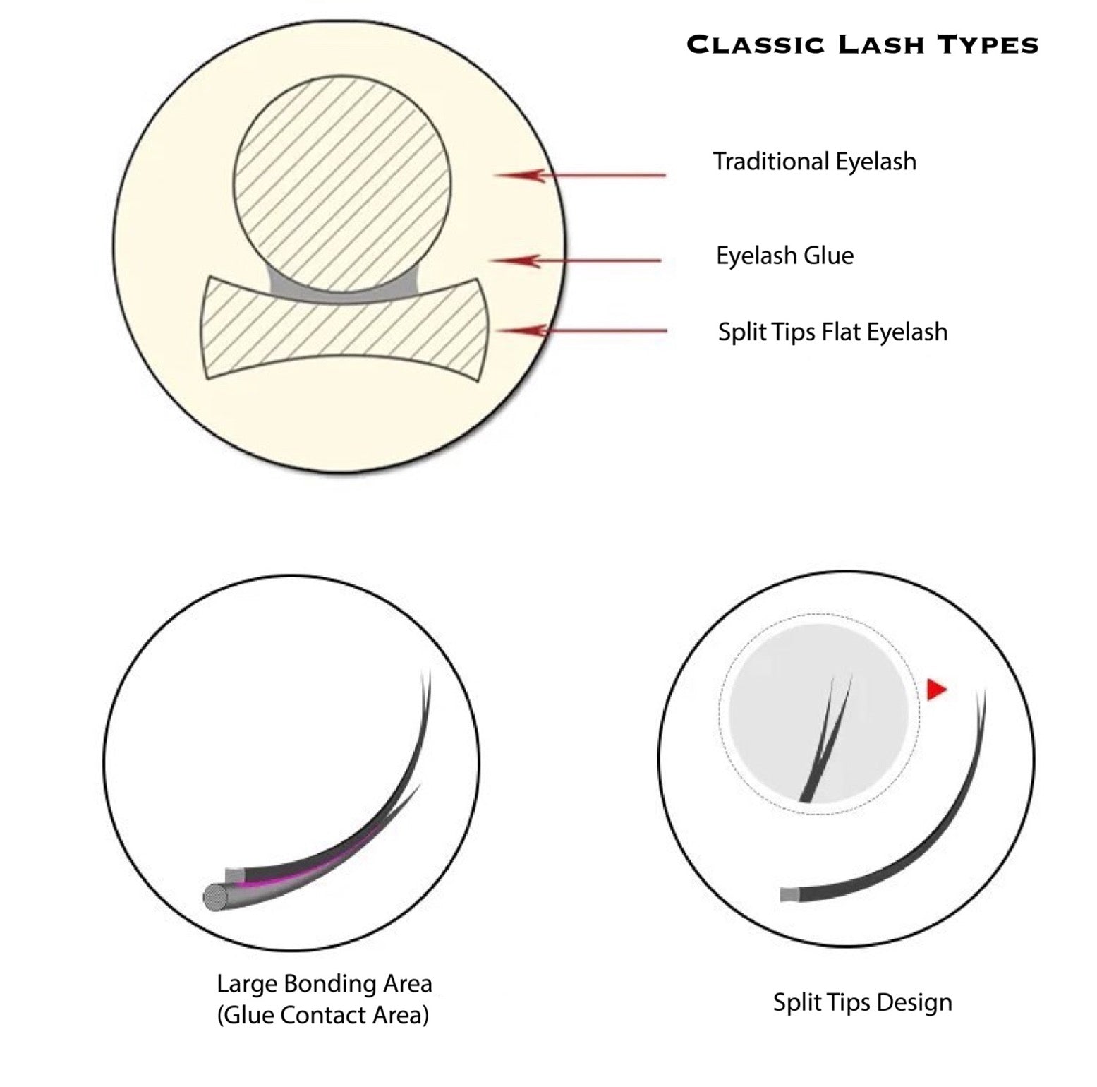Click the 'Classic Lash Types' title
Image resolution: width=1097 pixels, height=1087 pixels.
tap(862, 44)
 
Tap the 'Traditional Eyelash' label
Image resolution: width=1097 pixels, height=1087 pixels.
tap(814, 162)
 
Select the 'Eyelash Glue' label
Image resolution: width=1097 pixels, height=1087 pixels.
tap(784, 256)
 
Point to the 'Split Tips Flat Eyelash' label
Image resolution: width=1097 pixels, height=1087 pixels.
tap(832, 332)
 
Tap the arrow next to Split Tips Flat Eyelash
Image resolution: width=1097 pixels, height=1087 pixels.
tap(582, 330)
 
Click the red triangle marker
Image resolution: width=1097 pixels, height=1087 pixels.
tap(935, 689)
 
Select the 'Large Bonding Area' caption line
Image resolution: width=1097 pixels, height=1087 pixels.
tap(324, 983)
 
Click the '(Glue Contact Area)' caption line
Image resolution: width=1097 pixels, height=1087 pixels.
tap(322, 1015)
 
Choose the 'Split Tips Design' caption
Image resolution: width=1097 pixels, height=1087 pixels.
tap(862, 1002)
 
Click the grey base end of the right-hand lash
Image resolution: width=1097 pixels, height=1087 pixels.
tap(789, 895)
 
